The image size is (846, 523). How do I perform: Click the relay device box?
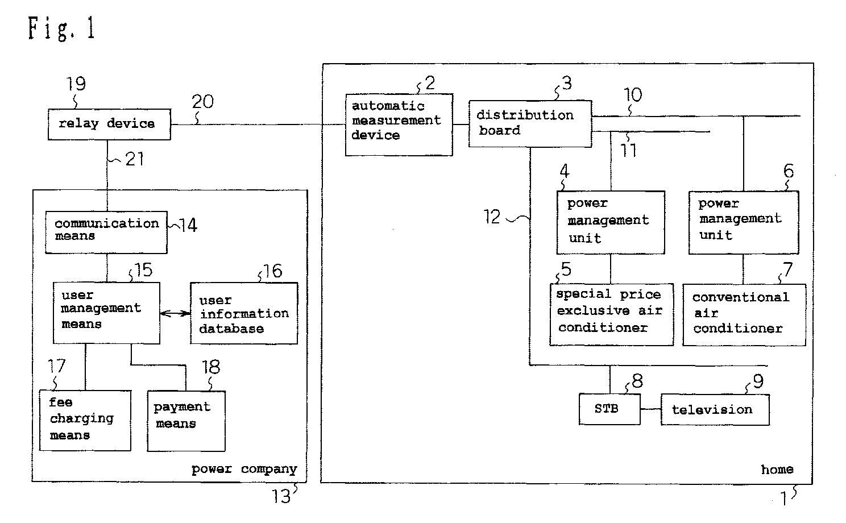point(109,124)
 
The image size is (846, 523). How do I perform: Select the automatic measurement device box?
point(399,124)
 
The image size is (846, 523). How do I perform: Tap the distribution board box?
point(530,123)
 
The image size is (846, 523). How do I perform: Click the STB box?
point(609,409)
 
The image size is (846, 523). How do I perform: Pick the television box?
point(715,410)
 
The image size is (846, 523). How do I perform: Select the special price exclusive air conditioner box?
point(611,314)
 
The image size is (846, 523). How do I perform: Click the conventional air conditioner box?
point(744,315)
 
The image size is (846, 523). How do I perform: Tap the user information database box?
point(244,313)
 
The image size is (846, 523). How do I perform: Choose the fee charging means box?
point(85,420)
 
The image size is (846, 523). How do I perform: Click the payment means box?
point(186,421)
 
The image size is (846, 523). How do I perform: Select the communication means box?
point(106,233)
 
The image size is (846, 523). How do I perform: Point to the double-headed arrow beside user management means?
point(175,313)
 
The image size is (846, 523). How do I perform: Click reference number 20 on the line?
point(202,102)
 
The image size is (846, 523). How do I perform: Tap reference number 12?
point(492,217)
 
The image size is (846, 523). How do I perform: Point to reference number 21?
point(134,159)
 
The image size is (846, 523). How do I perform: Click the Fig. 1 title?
point(61,28)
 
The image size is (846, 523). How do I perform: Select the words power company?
point(244,470)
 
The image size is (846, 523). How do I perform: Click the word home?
point(777,470)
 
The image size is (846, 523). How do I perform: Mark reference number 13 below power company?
point(281,496)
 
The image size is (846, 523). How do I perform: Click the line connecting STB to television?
point(650,409)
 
